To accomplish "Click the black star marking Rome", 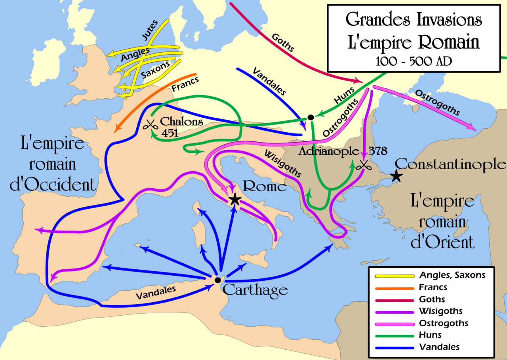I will (234, 199).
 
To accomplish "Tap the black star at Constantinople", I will (396, 177).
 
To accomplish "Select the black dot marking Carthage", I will (217, 280).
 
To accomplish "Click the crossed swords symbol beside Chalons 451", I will (150, 125).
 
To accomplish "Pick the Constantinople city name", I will (451, 164).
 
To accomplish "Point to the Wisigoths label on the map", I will (282, 164).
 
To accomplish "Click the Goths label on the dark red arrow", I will (283, 42).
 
